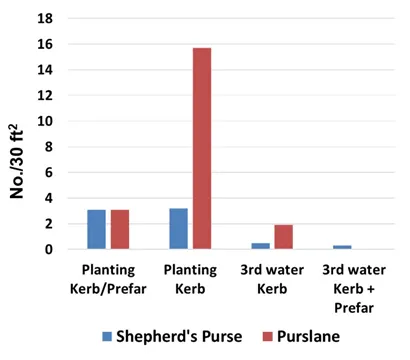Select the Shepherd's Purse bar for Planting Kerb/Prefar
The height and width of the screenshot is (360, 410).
[x=96, y=229]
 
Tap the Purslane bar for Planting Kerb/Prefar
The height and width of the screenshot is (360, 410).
[x=120, y=229]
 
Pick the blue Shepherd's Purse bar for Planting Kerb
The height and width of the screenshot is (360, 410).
[x=178, y=229]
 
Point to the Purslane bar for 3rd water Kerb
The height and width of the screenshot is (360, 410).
[x=283, y=237]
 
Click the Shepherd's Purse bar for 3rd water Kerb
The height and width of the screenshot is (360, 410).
[x=260, y=246]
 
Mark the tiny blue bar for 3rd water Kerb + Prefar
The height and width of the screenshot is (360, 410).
[x=342, y=247]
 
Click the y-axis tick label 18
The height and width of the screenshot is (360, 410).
[x=43, y=19]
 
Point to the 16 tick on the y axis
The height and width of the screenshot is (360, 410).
[x=43, y=45]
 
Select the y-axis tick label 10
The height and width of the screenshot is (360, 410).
[x=43, y=121]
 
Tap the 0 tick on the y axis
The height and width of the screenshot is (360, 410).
[x=47, y=249]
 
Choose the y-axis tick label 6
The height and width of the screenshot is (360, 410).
[x=47, y=172]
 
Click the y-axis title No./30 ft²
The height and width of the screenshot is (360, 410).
[x=17, y=135]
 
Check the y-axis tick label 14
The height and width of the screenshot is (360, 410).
[x=43, y=70]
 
